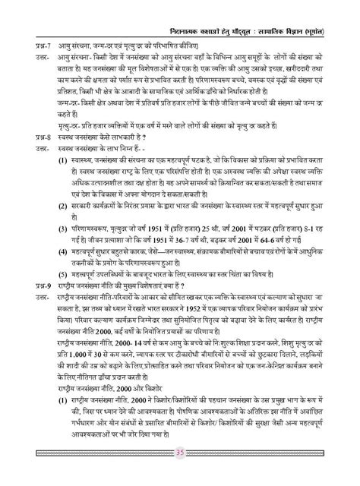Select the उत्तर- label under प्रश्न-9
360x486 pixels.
pos(29,293)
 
